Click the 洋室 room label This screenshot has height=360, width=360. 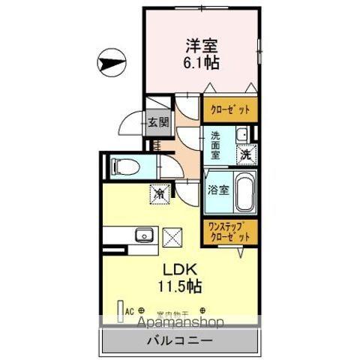pos(200,45)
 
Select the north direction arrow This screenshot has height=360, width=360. pos(111,61)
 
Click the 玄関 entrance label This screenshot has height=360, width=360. pos(157,122)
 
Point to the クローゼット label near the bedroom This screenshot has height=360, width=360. pos(231,109)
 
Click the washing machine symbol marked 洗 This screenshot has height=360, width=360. pos(245,154)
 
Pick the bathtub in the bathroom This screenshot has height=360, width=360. pos(244,191)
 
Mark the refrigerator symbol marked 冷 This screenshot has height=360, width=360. pos(160,193)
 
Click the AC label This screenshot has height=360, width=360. pos(129,309)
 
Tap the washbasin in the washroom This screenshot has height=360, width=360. pos(241,135)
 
